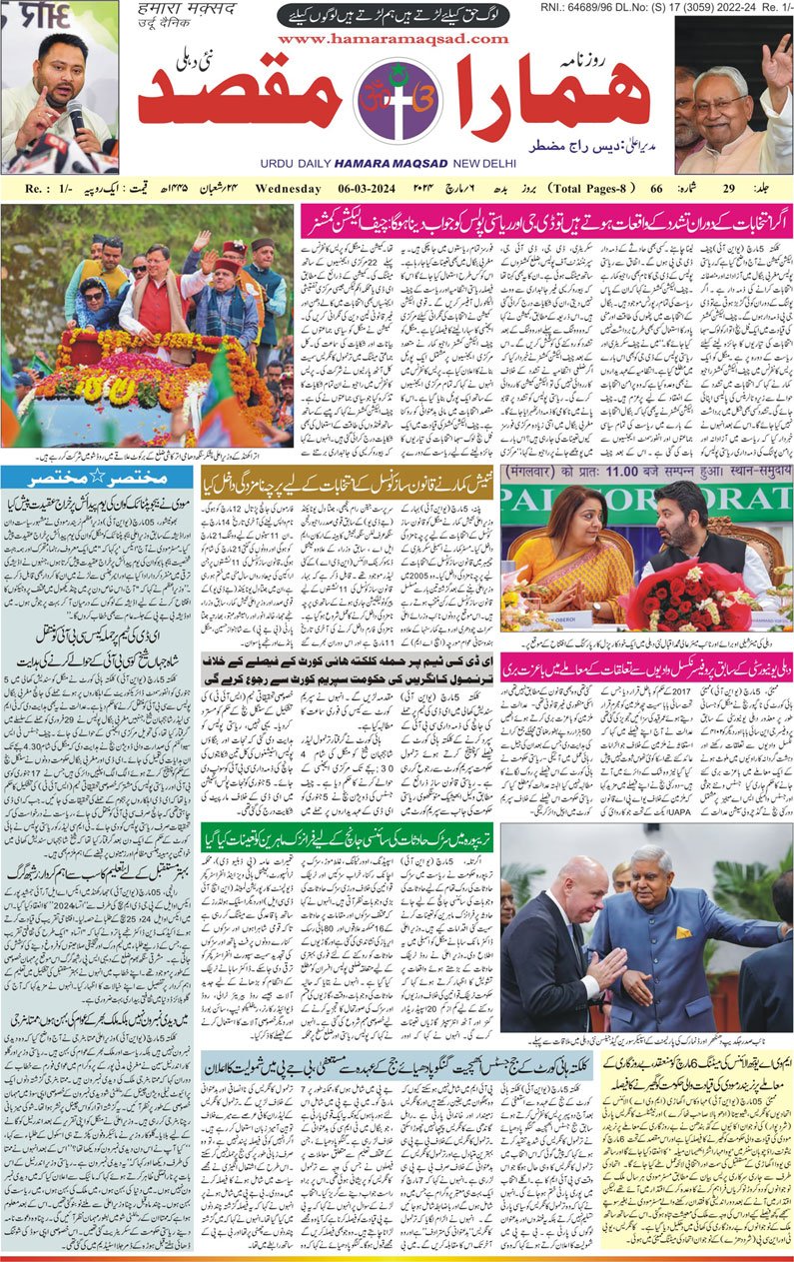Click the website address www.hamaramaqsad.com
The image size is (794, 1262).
coord(397,38)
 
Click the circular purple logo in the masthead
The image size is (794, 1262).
coord(397,101)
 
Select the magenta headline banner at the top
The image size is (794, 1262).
coord(545,221)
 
